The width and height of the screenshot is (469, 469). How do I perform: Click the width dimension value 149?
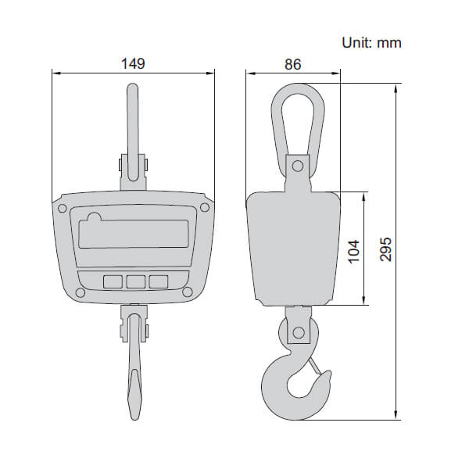pyautogui.click(x=133, y=63)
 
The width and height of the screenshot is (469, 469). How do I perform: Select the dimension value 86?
pyautogui.click(x=293, y=64)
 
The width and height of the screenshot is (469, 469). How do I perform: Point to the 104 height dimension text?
pyautogui.click(x=353, y=249)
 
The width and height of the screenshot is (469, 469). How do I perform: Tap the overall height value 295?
pyautogui.click(x=385, y=249)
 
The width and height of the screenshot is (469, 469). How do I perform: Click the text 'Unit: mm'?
pyautogui.click(x=371, y=42)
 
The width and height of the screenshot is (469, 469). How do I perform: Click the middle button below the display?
pyautogui.click(x=135, y=281)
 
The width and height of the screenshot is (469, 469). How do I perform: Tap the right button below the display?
pyautogui.click(x=159, y=281)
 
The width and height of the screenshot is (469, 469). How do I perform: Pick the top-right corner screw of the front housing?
pyautogui.click(x=205, y=208)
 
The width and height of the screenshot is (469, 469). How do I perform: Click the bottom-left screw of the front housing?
pyautogui.click(x=80, y=292)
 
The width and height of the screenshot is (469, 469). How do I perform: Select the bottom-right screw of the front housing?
pyautogui.click(x=188, y=292)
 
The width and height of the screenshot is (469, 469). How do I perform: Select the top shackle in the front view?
pyautogui.click(x=133, y=125)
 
